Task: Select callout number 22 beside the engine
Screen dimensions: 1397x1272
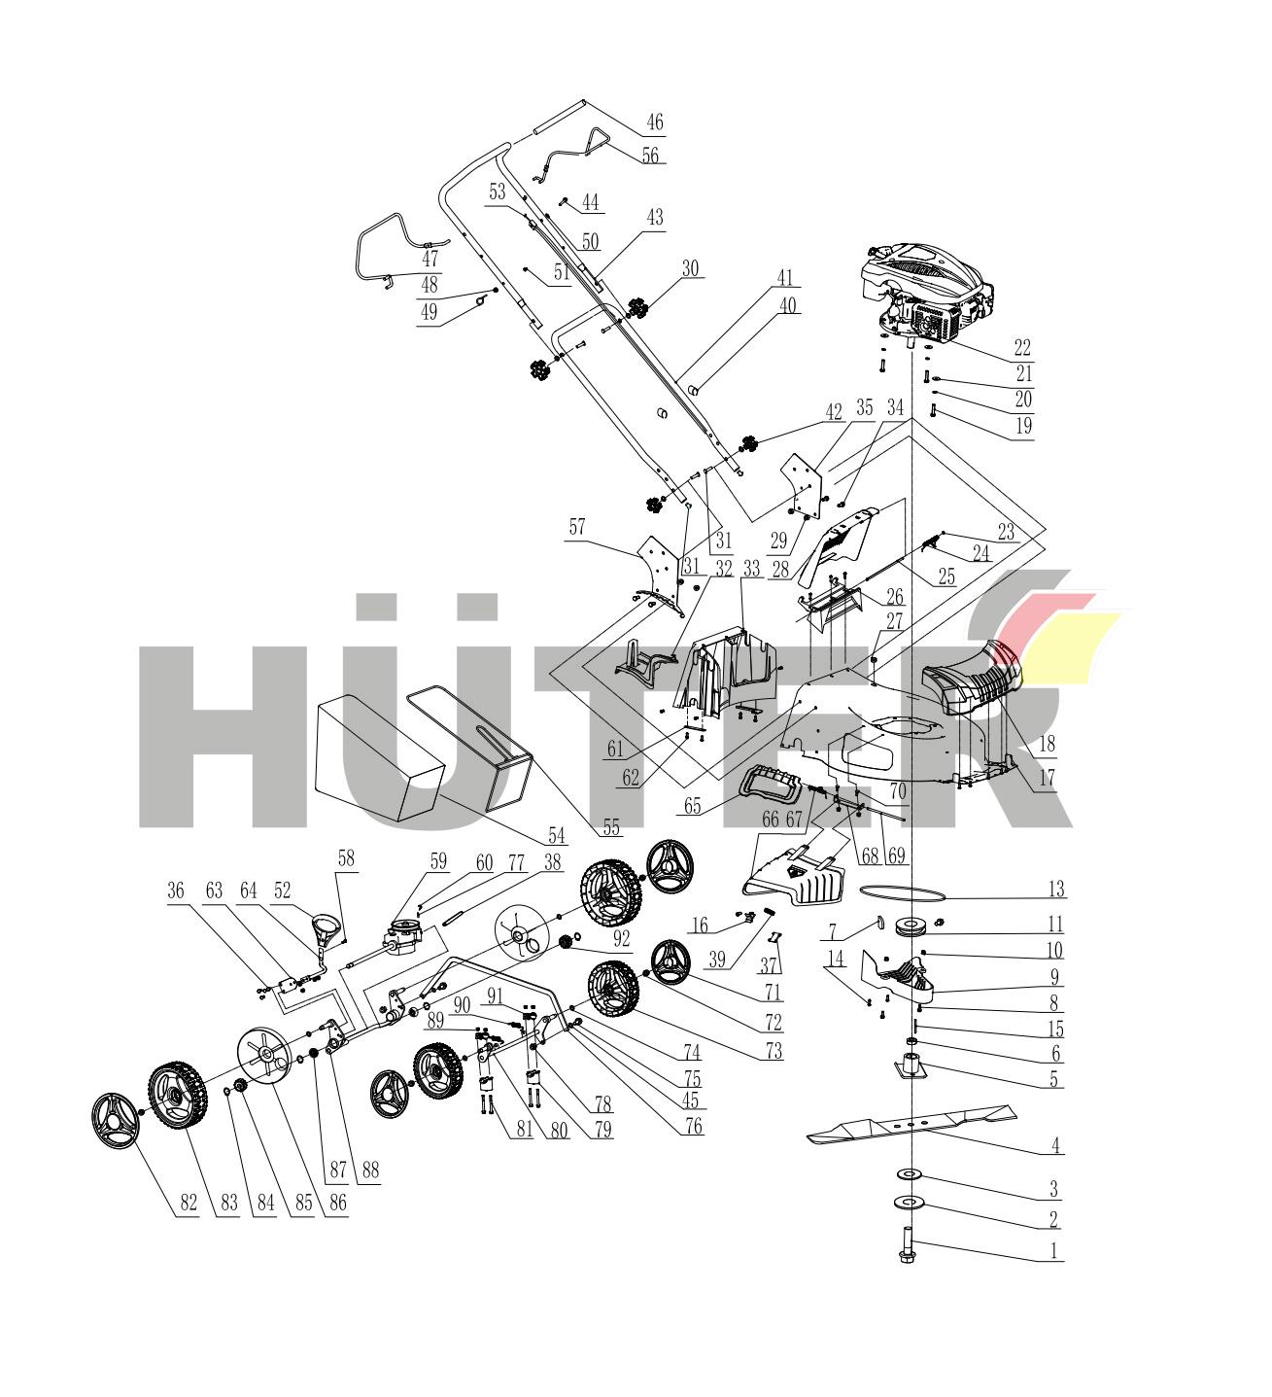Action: coord(1021,347)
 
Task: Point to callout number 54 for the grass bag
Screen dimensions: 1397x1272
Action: coord(556,833)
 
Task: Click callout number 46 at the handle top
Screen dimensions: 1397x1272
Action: coord(655,123)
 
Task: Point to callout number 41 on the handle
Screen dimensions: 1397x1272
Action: coord(785,278)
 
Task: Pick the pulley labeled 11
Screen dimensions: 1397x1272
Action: coord(914,926)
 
